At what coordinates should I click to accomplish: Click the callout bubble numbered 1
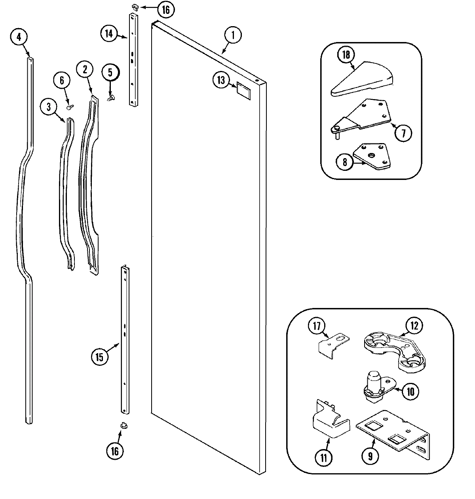(x=233, y=35)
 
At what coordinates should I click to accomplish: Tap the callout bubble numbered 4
(x=19, y=37)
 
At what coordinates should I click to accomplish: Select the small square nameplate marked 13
(x=243, y=90)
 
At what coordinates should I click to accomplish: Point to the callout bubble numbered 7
(x=403, y=132)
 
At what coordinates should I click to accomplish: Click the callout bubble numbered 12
(x=414, y=326)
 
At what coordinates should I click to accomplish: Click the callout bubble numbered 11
(x=324, y=458)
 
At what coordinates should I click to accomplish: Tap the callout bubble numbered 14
(x=109, y=33)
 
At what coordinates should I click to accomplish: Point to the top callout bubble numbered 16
(x=165, y=10)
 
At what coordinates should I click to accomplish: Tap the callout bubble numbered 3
(x=49, y=107)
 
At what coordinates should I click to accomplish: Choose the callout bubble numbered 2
(x=84, y=69)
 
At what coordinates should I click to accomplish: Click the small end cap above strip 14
(x=135, y=6)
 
